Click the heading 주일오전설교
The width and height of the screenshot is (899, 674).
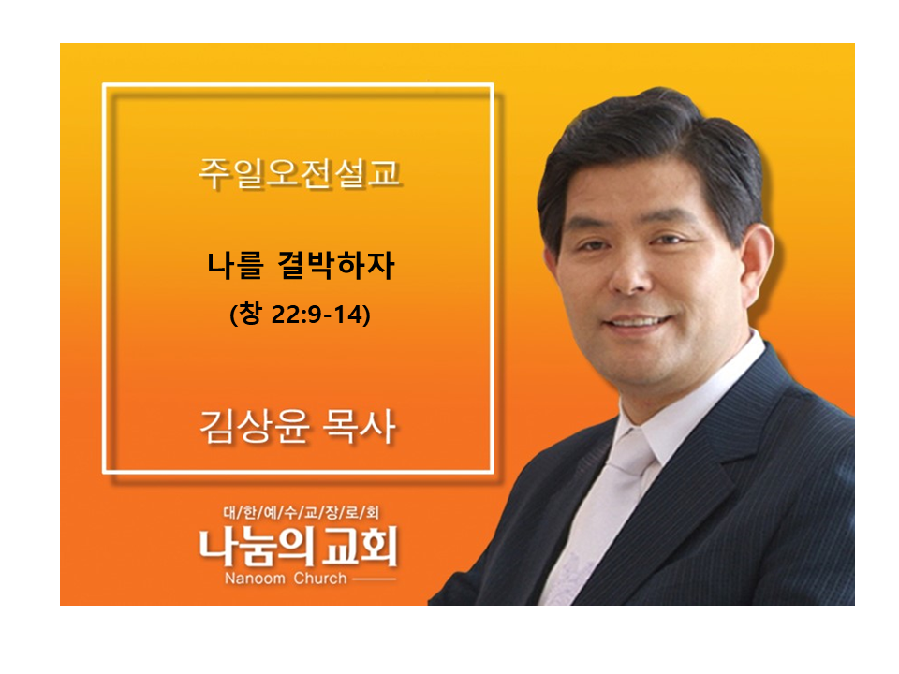pyautogui.click(x=299, y=173)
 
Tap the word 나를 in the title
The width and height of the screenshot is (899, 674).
pyautogui.click(x=235, y=265)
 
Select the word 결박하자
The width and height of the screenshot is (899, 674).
pyautogui.click(x=336, y=265)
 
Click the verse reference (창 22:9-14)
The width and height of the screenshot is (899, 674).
pyautogui.click(x=300, y=315)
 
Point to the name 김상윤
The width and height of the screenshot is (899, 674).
pyautogui.click(x=255, y=427)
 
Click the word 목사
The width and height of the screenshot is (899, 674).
pyautogui.click(x=359, y=427)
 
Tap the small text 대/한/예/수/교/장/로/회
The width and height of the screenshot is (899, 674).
pyautogui.click(x=301, y=512)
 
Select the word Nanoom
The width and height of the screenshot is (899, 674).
pyautogui.click(x=255, y=579)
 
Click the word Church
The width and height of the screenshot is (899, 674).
pyautogui.click(x=320, y=579)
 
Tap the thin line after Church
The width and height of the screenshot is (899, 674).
pyautogui.click(x=374, y=579)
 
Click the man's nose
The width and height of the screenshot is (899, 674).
pyautogui.click(x=629, y=270)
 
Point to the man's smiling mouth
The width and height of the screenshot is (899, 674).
pyautogui.click(x=638, y=322)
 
